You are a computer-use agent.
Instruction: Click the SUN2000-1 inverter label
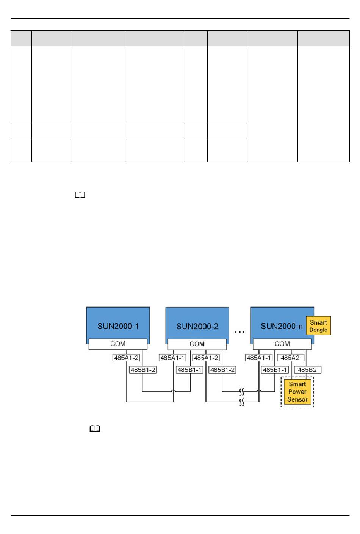(x=118, y=326)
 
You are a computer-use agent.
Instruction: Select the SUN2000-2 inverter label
(x=197, y=326)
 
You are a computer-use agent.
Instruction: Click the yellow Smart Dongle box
(x=318, y=326)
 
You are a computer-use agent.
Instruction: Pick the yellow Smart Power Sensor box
(x=297, y=392)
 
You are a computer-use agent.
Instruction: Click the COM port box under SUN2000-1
(x=118, y=344)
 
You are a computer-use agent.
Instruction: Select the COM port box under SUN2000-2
(x=197, y=344)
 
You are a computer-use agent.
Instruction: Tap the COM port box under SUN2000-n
(x=282, y=344)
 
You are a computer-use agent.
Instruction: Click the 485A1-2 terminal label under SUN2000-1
(x=126, y=358)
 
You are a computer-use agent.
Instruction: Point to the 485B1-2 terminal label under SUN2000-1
(x=142, y=370)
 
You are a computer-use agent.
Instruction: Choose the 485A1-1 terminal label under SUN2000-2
(x=172, y=358)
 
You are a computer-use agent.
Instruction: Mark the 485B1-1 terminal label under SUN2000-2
(x=189, y=370)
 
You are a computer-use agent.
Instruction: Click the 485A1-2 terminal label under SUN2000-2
(x=206, y=358)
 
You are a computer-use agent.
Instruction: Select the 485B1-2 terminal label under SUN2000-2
(x=222, y=370)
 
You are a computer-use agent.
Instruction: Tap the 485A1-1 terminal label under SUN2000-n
(x=259, y=358)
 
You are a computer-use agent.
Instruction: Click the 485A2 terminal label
(x=290, y=358)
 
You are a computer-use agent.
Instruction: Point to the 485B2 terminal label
(x=307, y=370)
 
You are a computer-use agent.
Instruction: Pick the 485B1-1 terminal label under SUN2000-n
(x=275, y=370)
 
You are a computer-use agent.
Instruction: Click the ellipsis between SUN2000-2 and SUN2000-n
(x=239, y=332)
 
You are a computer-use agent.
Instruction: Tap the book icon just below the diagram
(x=95, y=429)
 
